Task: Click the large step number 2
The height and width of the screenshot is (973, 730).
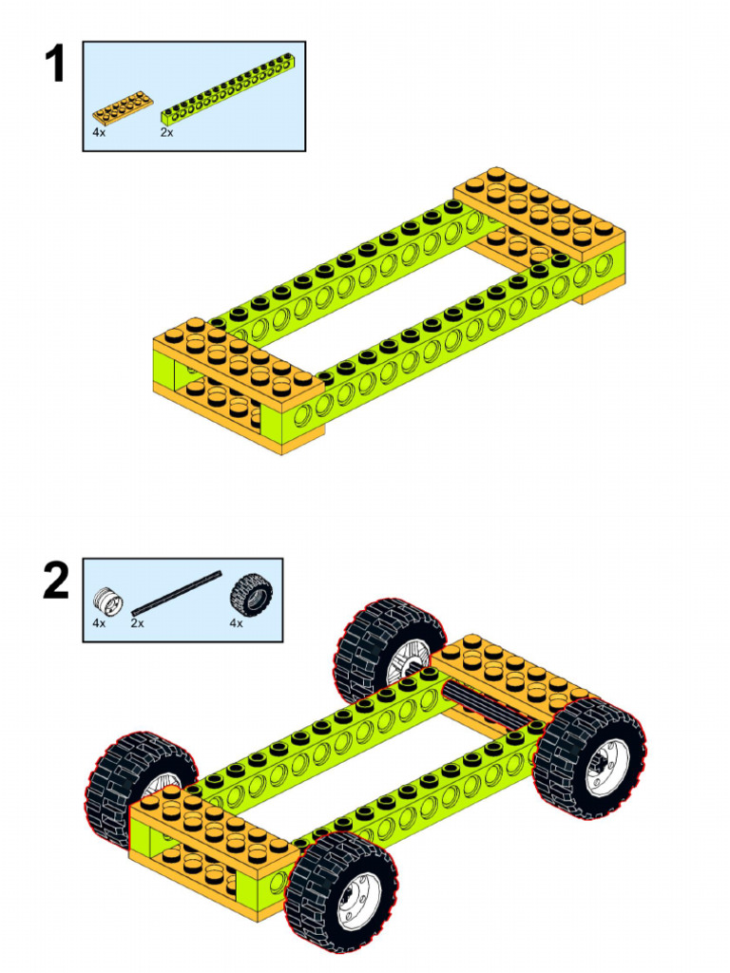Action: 55,582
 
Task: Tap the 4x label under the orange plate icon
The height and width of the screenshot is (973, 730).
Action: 99,133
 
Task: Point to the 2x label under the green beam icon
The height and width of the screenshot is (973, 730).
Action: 167,133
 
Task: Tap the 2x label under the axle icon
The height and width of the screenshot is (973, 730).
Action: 138,623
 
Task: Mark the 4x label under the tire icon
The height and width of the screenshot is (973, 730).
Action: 236,623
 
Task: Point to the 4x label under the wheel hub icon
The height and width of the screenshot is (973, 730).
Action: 99,623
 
